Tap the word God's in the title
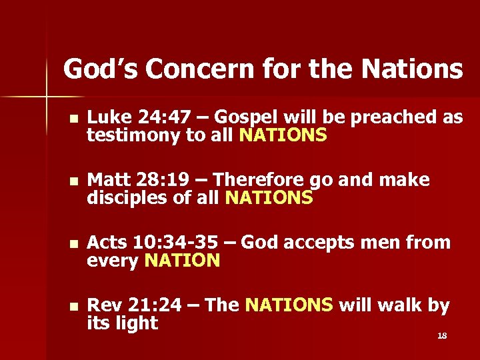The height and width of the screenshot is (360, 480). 97,69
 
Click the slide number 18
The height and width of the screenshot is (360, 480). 441,335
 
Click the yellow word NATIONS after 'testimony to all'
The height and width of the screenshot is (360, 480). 283,136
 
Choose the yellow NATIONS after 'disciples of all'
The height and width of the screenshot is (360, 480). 269,198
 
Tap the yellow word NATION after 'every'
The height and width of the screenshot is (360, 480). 182,261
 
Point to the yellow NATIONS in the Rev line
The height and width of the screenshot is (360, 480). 289,305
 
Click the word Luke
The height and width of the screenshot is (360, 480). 107,118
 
